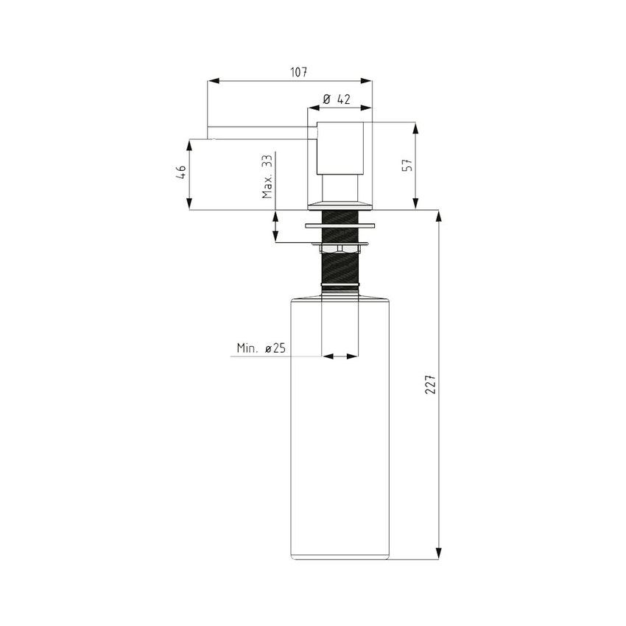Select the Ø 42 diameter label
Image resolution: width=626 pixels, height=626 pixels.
tap(336, 99)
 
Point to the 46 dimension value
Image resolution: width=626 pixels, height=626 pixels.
tap(180, 173)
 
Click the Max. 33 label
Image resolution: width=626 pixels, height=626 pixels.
tap(267, 177)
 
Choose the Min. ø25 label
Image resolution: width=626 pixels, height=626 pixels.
tap(261, 348)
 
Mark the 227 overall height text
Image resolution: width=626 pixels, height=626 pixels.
tap(431, 384)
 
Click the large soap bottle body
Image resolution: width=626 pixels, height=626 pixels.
tap(340, 442)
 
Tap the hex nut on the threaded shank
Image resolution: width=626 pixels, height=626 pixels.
tap(340, 251)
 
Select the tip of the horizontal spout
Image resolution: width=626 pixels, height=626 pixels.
tap(210, 131)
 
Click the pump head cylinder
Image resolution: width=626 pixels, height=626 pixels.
tap(340, 147)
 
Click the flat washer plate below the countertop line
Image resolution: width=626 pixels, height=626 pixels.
tap(340, 225)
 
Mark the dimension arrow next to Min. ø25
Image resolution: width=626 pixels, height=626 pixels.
tap(340, 356)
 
